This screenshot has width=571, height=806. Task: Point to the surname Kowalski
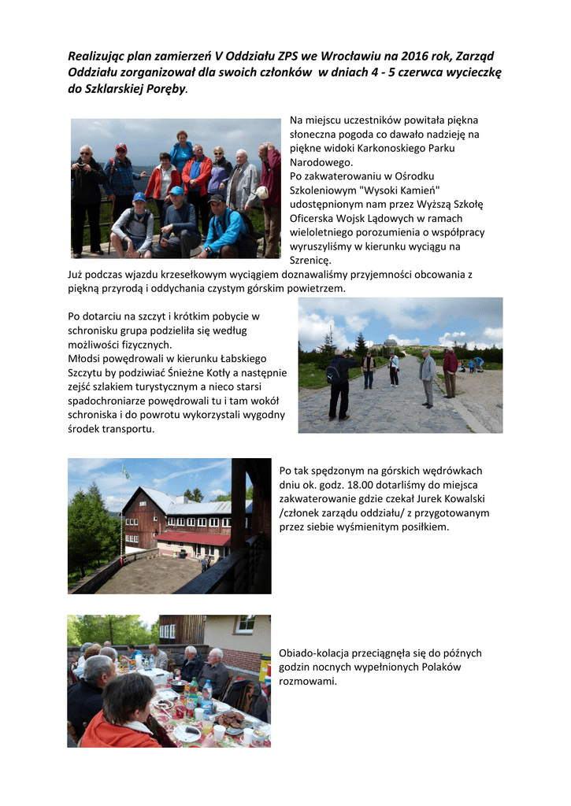point(466,499)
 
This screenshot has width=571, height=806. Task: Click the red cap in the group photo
point(121,147)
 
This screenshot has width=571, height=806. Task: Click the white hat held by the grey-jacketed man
point(262,193)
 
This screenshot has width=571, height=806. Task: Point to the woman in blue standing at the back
point(181,151)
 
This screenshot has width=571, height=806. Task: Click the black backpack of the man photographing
point(334,371)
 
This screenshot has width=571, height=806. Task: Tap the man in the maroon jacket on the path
point(450,371)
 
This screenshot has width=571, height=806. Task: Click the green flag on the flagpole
point(124,471)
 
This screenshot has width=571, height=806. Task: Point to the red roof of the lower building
point(192,538)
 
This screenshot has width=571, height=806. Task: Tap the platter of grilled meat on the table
point(230,719)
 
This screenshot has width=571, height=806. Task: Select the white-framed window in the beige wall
point(244,625)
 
